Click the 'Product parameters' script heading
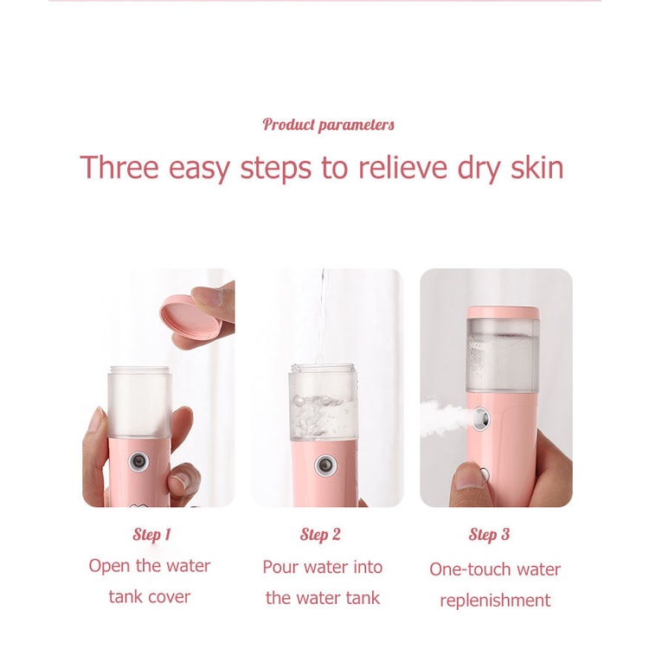pos(328,125)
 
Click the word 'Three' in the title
pos(119,167)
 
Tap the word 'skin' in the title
pos(537,167)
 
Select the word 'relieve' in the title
pos(402,167)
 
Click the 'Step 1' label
pos(151,535)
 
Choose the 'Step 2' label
pos(320,535)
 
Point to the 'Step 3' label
pos(489,535)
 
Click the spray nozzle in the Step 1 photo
pos(138,461)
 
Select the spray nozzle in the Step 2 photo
pos(325,466)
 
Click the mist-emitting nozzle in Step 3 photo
pos(480,419)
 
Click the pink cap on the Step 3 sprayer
pos(503,312)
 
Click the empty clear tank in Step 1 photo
pos(139,402)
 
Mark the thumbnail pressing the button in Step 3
pos(469,482)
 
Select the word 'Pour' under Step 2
pos(280,568)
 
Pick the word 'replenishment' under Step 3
pos(495,601)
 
